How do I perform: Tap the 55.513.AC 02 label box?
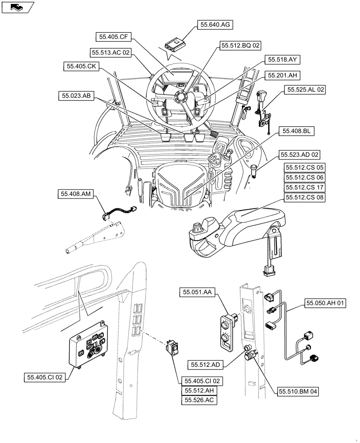111,52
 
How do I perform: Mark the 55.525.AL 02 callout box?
306,89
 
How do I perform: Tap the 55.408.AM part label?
75,194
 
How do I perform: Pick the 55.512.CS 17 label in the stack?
305,187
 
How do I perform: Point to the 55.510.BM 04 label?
298,391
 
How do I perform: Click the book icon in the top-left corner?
17,7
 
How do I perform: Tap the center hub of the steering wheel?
181,97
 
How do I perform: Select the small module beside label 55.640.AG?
176,45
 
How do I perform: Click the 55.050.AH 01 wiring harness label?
325,303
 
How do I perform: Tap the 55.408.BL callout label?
296,131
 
